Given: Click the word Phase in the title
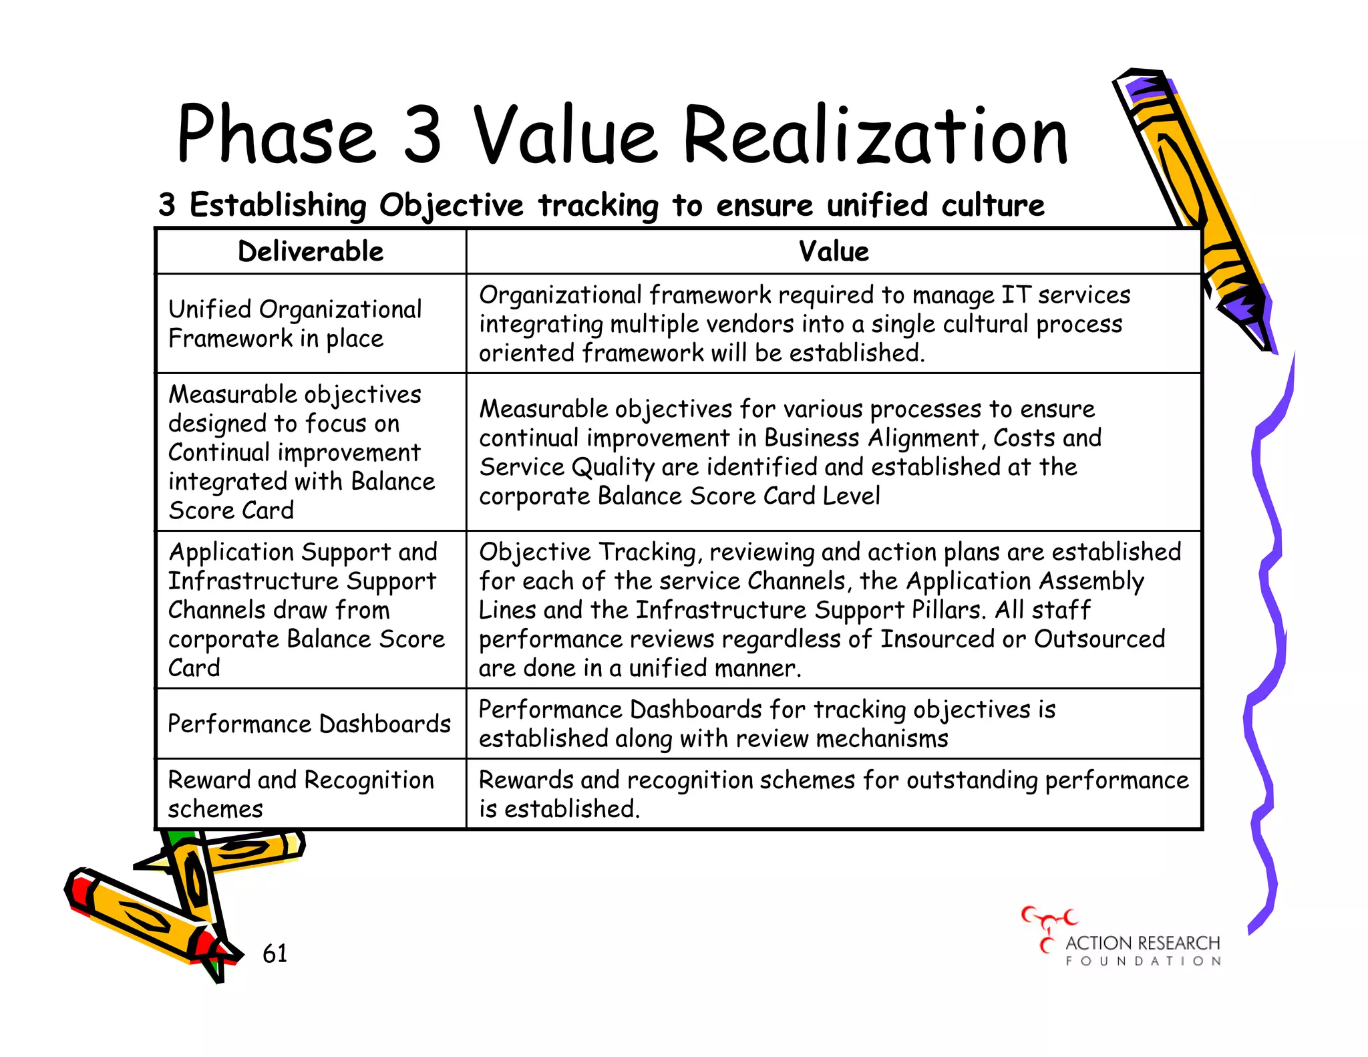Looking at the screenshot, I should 276,136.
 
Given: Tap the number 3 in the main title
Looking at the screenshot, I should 422,136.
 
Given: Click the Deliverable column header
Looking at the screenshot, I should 311,252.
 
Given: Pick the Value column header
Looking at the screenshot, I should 834,252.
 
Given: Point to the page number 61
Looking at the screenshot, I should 275,953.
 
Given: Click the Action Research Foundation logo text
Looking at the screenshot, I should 1142,949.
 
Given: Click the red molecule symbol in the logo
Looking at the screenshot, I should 1048,926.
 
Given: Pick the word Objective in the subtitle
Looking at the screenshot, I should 452,205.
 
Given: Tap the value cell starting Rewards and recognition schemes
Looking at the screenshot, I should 833,794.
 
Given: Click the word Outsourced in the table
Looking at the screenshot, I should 1099,639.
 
